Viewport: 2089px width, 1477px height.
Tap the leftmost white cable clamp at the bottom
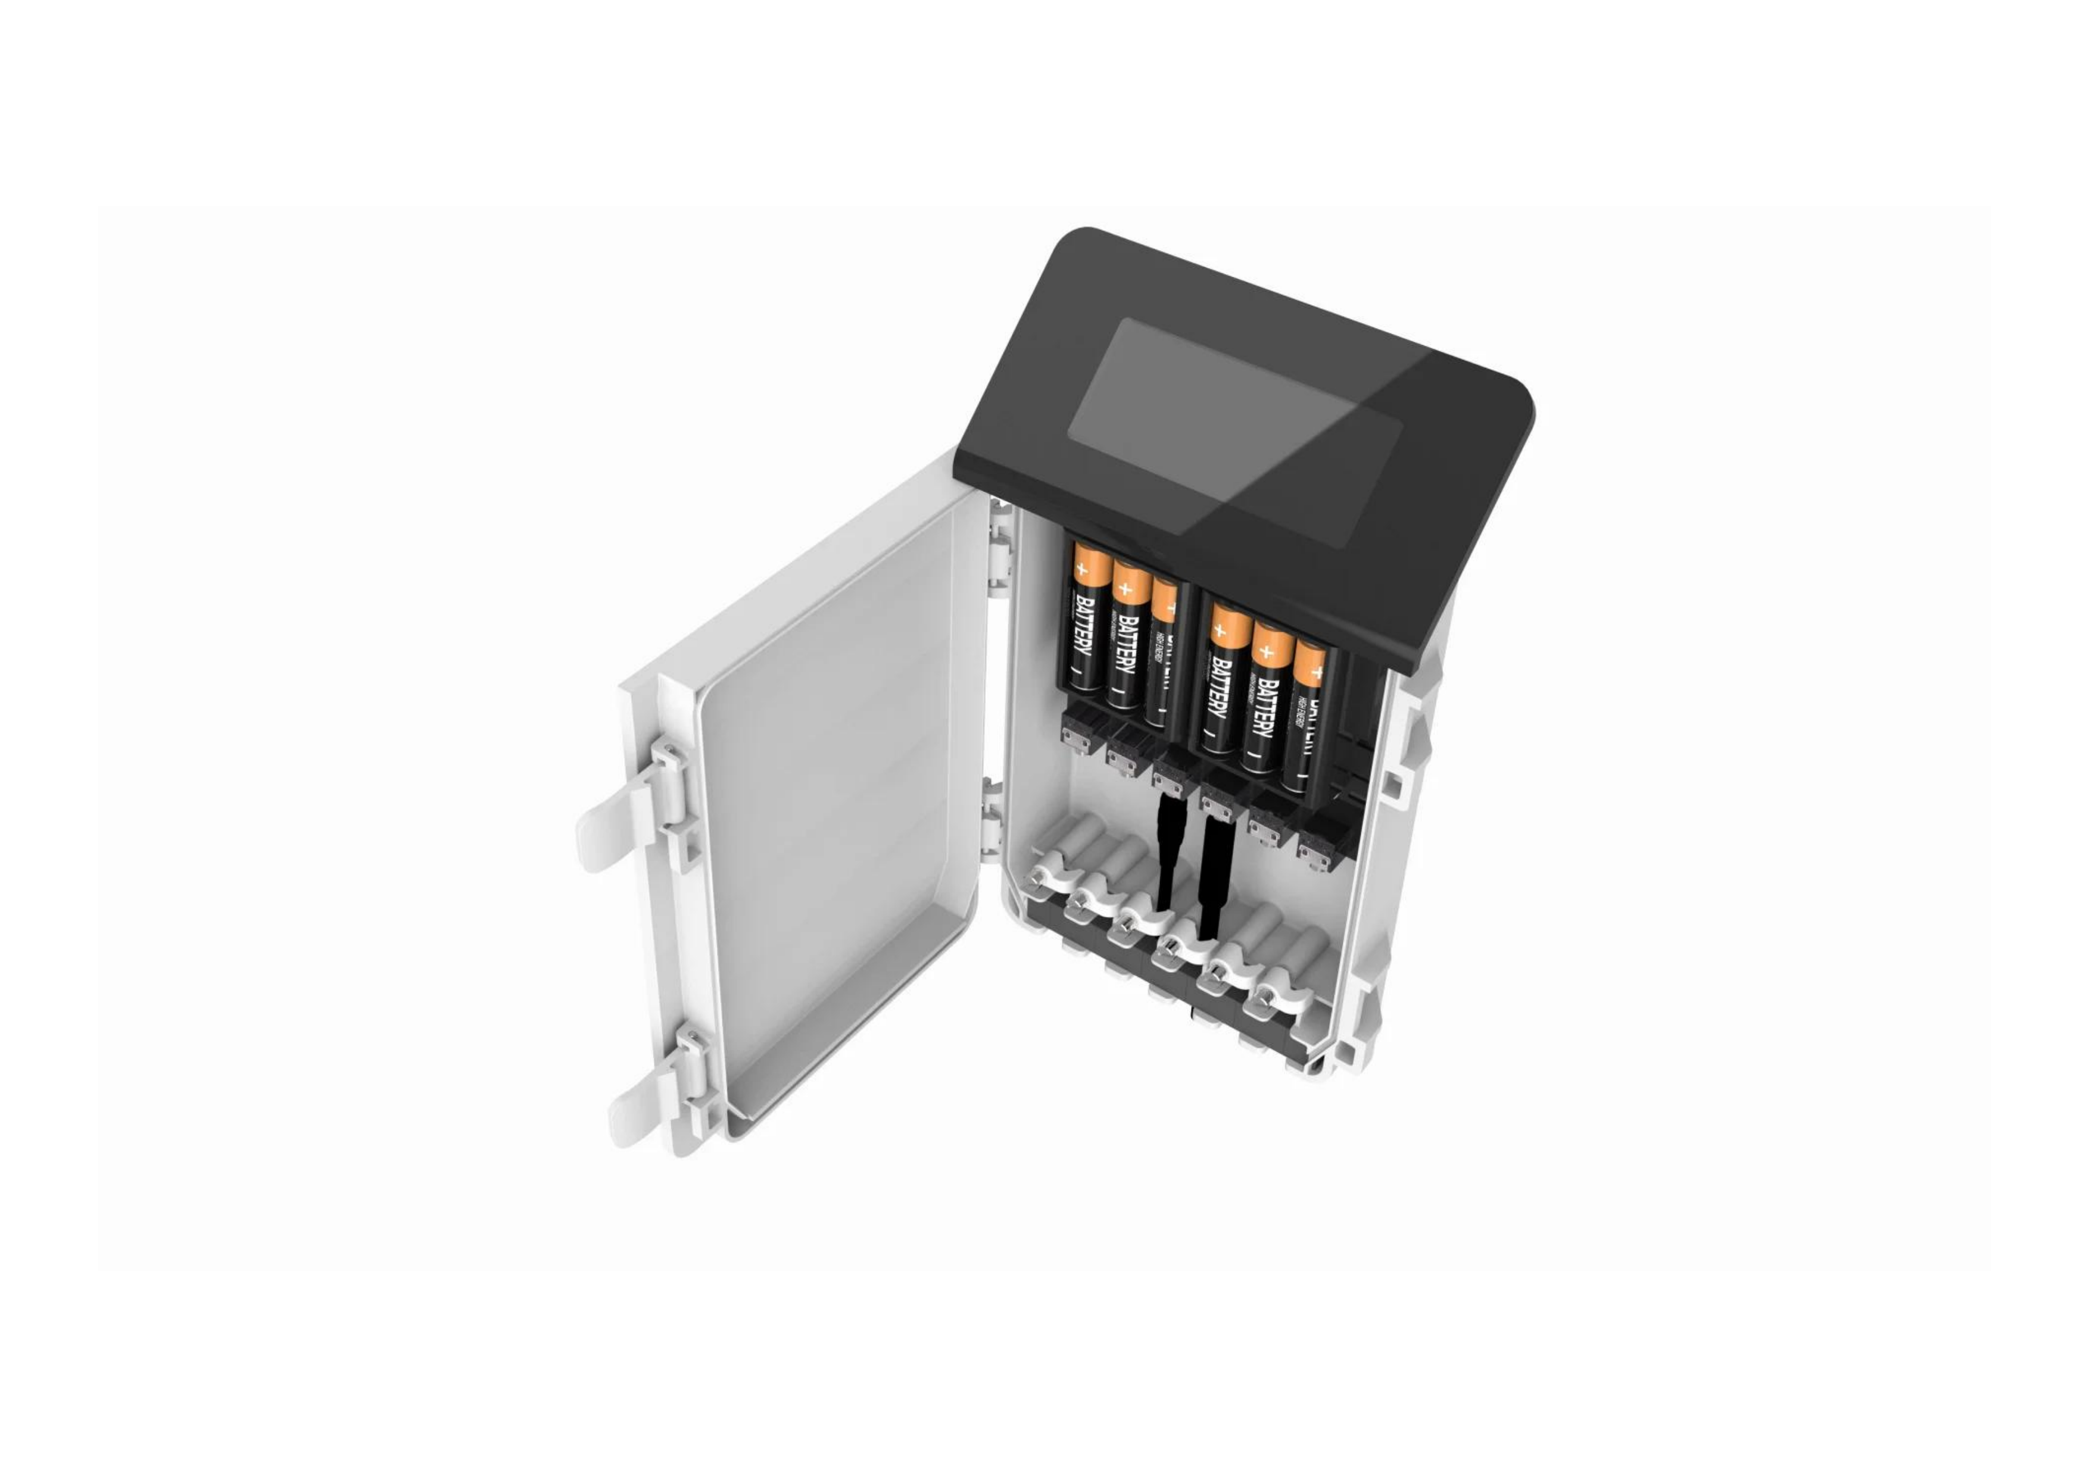pyautogui.click(x=1046, y=878)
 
